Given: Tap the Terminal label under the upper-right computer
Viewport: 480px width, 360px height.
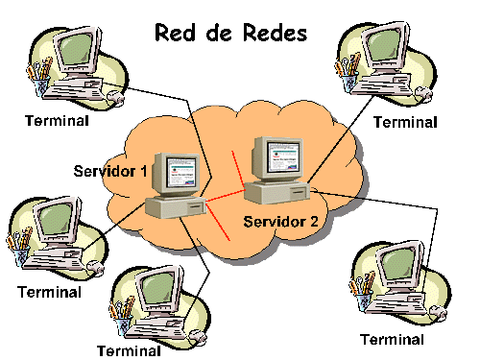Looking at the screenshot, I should tap(404, 122).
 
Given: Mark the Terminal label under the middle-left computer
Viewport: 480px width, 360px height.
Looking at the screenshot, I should tap(50, 291).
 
